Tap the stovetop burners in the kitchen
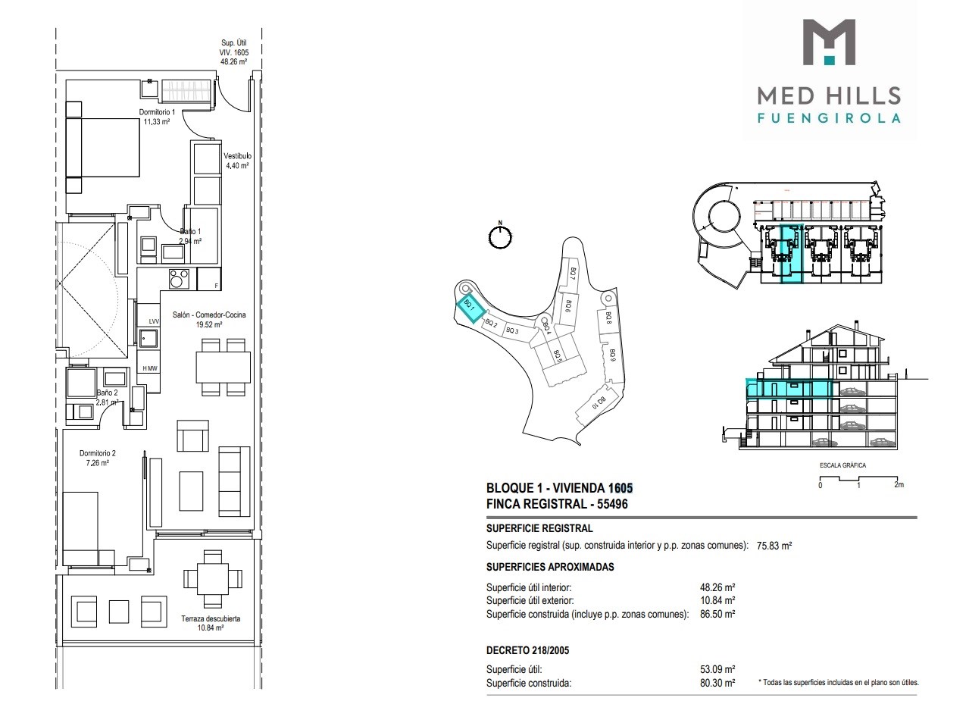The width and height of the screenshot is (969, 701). click(x=179, y=279)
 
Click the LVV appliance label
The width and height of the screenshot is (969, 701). click(x=154, y=321)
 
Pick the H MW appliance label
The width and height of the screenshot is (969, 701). click(x=150, y=368)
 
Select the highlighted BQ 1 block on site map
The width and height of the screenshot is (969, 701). click(x=470, y=306)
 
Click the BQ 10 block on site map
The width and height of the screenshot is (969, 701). click(x=599, y=402)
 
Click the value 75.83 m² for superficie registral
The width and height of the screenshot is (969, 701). click(x=774, y=546)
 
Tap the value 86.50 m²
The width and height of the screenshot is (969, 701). click(x=717, y=614)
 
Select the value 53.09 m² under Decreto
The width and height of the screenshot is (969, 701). click(x=717, y=669)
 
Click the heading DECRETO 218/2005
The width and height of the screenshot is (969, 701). click(x=528, y=650)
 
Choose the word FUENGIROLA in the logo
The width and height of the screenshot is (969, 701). click(x=829, y=118)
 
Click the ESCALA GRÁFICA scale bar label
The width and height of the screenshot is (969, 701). click(x=842, y=465)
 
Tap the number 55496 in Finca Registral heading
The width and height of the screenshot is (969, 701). click(x=612, y=504)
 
